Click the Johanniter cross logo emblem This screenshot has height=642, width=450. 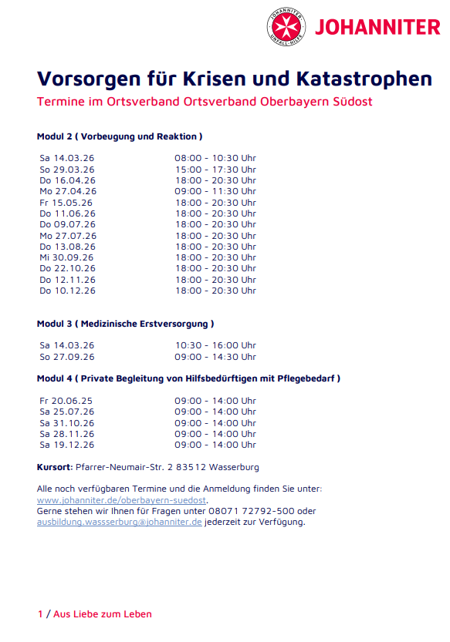coord(286,27)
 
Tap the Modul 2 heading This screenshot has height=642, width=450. coord(120,136)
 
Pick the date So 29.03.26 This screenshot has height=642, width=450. coord(67,169)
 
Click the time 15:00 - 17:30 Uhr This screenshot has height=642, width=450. coord(215,169)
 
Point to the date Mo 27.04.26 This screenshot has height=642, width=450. coord(68,191)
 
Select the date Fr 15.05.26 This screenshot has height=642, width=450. coord(66,203)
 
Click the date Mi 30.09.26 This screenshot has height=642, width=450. coord(66,257)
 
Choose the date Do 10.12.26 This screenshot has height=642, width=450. coord(68,291)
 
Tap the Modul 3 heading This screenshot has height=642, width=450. coord(126,324)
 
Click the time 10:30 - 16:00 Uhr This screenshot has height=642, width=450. coord(215,345)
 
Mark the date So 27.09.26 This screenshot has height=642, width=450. coord(67,357)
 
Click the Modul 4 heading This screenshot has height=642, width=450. coord(188,378)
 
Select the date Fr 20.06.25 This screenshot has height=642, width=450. coord(66,401)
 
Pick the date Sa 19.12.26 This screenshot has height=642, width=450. coord(67,445)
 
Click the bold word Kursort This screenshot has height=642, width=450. coord(54,467)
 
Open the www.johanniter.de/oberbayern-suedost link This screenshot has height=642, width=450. coord(122,500)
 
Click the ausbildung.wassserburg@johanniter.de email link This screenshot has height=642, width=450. coord(120,522)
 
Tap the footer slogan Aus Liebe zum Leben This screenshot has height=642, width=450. coord(103,614)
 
